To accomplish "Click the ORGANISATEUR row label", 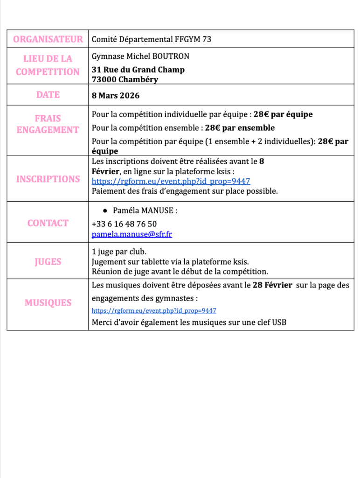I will [48, 39].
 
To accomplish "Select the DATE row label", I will [48, 95].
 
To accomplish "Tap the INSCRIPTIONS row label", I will [48, 179].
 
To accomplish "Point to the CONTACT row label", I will [48, 223].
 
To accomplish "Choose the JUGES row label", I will [48, 261].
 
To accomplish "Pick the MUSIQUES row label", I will [48, 303].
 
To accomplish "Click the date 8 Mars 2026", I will [115, 96].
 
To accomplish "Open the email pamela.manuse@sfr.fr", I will [132, 234].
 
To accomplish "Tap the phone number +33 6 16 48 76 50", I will [124, 224].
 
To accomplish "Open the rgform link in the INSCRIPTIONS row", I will [171, 182].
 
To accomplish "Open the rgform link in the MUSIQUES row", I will [154, 310].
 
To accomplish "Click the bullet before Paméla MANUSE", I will [106, 211].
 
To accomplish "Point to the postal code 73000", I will [104, 79].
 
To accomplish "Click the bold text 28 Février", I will [272, 285].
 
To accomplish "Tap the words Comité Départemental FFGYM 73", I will [152, 39].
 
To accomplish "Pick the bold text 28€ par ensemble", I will [240, 128].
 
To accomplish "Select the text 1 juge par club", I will [119, 252].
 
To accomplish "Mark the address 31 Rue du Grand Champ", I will [138, 70].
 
